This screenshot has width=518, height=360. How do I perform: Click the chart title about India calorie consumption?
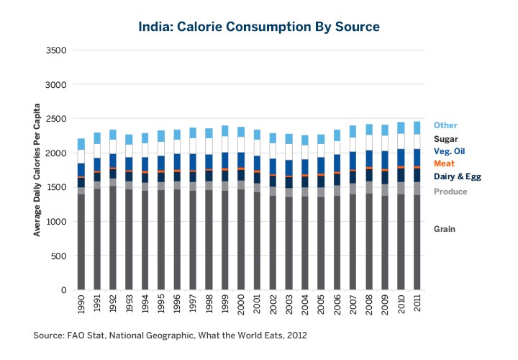click(259, 27)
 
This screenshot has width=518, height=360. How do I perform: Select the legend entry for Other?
click(445, 125)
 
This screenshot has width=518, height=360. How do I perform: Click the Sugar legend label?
click(446, 138)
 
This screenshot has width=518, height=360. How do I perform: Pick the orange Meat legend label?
click(444, 163)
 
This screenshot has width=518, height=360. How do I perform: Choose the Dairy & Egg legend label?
click(457, 176)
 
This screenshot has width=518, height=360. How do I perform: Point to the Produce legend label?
click(450, 192)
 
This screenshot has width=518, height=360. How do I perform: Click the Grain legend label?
click(445, 229)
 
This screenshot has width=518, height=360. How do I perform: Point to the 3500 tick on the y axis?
click(57, 50)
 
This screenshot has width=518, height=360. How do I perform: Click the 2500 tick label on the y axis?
click(57, 119)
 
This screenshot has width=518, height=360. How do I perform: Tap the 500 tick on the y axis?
click(60, 256)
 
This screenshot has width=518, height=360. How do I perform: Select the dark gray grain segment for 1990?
click(81, 242)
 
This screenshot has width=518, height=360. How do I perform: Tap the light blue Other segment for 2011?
click(417, 127)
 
